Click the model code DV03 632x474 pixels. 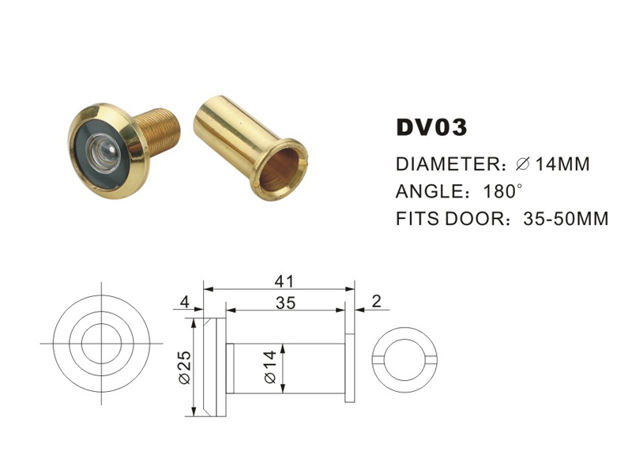point(431,128)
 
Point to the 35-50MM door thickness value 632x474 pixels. point(566,218)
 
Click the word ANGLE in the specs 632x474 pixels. point(429,191)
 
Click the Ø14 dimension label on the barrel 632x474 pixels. point(271,369)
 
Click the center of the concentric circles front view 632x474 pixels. point(102,344)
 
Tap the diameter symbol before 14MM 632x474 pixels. point(522,165)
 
